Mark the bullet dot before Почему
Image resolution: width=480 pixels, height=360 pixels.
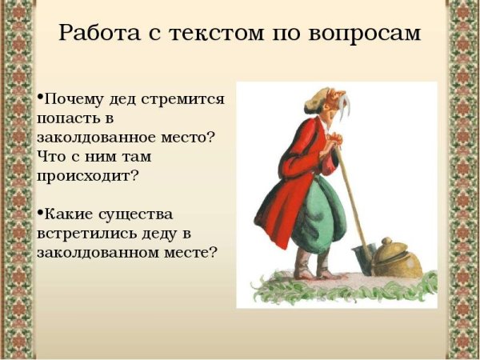(x=40, y=98)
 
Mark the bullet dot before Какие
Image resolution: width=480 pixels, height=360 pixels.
(x=40, y=212)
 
